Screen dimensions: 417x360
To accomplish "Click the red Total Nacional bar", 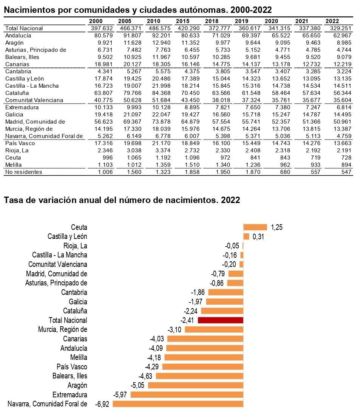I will pyautogui.click(x=220, y=320).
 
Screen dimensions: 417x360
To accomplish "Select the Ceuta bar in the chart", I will pyautogui.click(x=255, y=227).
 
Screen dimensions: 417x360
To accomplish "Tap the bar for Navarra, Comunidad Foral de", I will pyautogui.click(x=178, y=404).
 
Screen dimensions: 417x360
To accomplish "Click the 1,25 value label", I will pyautogui.click(x=277, y=227).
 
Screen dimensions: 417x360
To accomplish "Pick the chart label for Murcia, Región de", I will pyautogui.click(x=62, y=329).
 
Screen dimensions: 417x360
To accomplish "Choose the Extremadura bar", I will pyautogui.click(x=187, y=395).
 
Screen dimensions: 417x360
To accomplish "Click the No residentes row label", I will pyautogui.click(x=23, y=172).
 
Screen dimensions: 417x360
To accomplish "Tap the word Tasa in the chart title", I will pyautogui.click(x=12, y=200).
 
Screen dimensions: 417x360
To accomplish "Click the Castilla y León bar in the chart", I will pyautogui.click(x=246, y=237).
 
